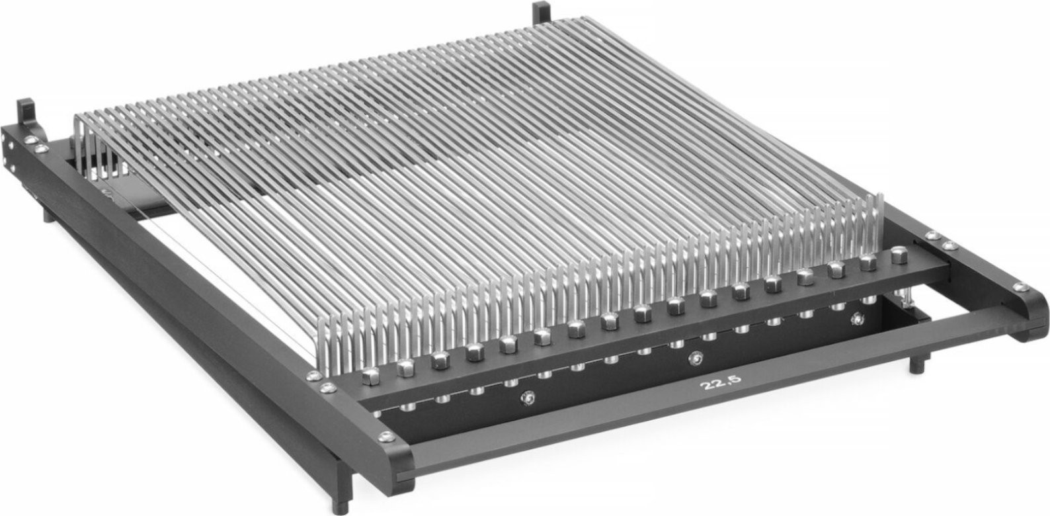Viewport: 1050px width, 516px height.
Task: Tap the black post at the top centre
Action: pos(541,11)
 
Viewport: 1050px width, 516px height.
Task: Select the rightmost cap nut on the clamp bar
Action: pos(899,255)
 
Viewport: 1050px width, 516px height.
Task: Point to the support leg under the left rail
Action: pos(49,215)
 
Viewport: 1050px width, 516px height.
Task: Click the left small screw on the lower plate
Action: pos(528,398)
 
